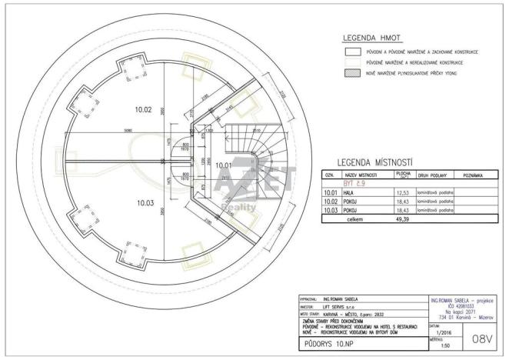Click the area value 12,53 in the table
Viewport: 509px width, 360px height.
tap(401, 193)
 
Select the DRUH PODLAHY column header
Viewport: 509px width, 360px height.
tap(434, 176)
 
